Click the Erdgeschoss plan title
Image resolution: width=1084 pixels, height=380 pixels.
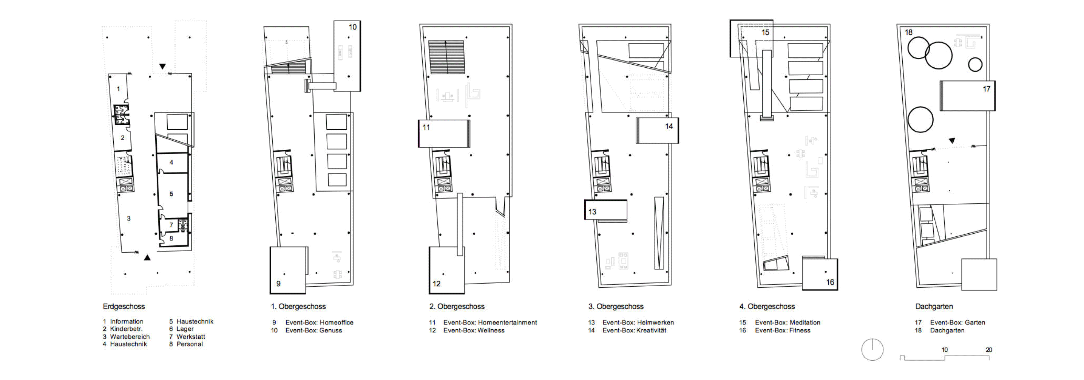(124, 307)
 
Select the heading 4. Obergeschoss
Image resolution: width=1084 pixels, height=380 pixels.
(767, 307)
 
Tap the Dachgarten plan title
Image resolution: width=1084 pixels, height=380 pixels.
(934, 307)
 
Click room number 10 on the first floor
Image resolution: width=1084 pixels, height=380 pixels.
(353, 27)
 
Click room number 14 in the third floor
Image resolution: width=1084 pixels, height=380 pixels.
(669, 126)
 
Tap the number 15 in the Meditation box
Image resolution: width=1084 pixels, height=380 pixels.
(766, 33)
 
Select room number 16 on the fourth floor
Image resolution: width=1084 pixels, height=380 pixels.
(830, 282)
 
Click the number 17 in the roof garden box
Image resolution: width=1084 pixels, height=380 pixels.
(987, 89)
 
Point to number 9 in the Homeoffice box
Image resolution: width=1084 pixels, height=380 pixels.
(278, 284)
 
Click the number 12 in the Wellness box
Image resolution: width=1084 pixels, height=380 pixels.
(436, 284)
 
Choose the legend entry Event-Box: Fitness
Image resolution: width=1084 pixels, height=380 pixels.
(782, 331)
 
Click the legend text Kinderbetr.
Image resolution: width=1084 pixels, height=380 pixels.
(126, 329)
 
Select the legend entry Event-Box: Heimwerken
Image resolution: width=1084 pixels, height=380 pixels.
(638, 323)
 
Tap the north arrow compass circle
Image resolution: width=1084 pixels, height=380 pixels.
(872, 349)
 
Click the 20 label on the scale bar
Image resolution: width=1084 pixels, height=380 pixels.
(989, 350)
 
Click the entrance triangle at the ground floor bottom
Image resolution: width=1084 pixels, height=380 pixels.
(147, 257)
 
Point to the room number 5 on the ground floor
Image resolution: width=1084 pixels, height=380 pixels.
(171, 194)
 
